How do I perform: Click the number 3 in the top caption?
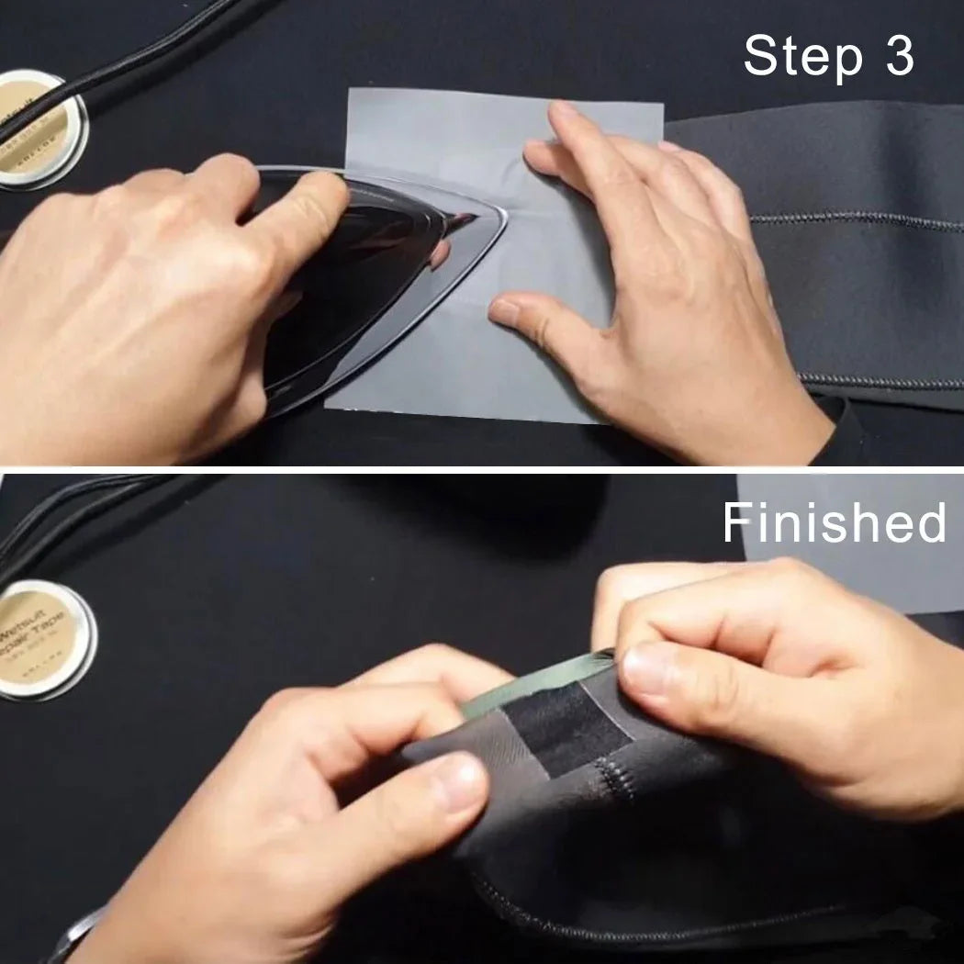pyautogui.click(x=898, y=57)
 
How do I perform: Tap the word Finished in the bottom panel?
pyautogui.click(x=834, y=523)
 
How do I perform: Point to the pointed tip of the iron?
pyautogui.click(x=503, y=220)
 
